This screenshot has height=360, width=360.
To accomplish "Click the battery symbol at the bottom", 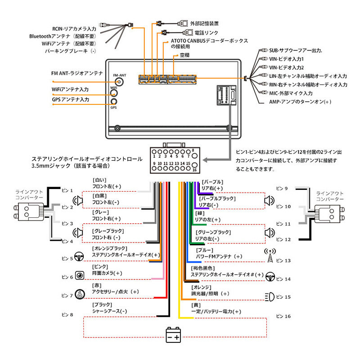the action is pos(173,335).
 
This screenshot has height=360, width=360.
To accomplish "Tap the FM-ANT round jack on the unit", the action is pos(119,82).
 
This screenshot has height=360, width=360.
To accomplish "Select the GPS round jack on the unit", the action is pos(114,102).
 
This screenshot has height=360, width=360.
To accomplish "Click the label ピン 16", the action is pos(283,316).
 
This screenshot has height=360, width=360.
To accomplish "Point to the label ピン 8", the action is pos(67,315).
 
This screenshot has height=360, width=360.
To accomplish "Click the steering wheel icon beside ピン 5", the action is pos(79,256).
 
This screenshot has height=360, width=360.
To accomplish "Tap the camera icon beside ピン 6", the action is pos(80,275).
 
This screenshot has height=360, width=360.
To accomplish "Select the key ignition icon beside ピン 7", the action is pos(80,294).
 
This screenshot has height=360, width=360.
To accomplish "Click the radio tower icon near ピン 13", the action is pos(270,255).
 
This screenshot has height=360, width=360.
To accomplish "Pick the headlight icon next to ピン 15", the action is pos(270,297).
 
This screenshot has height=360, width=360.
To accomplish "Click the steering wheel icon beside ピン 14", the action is pos(270,277).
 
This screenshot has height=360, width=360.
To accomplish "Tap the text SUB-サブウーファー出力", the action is pos(296,50).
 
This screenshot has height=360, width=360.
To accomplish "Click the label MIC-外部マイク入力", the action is pos(291,93).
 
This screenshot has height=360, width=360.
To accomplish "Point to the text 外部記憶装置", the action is pos(204,23).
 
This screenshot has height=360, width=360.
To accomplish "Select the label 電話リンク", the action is pos(206,32).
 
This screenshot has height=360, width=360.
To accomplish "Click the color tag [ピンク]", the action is pos(100,266).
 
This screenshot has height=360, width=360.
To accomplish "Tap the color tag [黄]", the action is pos(196,305).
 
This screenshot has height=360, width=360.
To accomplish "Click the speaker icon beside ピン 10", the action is pos(269,201).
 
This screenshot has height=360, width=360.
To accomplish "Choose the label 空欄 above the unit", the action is pos(184,55).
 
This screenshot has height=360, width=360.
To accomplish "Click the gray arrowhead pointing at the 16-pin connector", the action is pos(205,160).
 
